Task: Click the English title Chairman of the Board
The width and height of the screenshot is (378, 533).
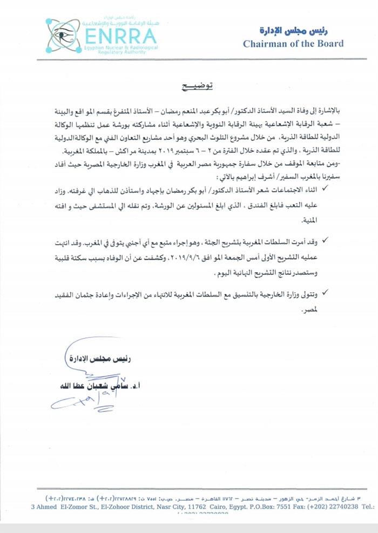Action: pos(293,44)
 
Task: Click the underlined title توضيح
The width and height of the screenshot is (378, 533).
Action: pos(196,86)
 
